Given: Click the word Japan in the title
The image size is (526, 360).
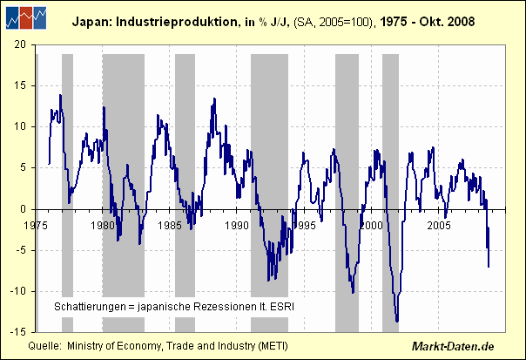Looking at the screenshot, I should pos(89,21).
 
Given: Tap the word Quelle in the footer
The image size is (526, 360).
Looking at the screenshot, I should pos(44,347).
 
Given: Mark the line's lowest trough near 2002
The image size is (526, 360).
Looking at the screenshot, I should pos(397,322).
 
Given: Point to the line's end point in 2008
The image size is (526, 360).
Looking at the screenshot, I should pos(489,267).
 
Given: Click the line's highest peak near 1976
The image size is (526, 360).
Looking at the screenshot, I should pos(60,95).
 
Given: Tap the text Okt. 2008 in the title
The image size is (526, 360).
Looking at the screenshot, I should pos(448,21).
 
